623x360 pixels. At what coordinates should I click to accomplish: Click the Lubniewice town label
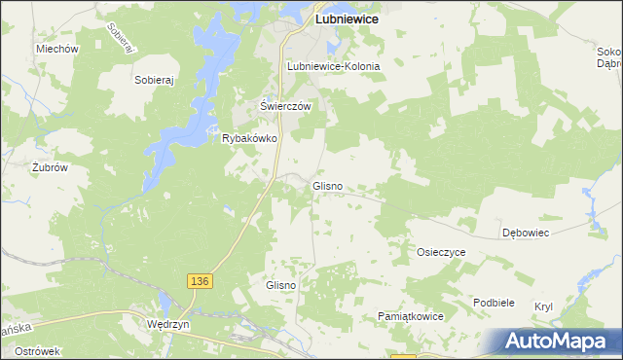(346, 18)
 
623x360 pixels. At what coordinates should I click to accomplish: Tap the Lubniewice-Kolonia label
(333, 66)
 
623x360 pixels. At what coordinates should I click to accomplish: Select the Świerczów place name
(284, 106)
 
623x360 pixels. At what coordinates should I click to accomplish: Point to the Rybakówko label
(251, 139)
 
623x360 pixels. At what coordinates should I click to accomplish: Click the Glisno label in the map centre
(326, 185)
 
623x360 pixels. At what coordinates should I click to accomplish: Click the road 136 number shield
(199, 280)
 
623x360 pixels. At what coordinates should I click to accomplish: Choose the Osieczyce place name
(442, 251)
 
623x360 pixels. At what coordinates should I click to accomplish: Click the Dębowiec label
(527, 234)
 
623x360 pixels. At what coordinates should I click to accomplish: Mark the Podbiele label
(494, 303)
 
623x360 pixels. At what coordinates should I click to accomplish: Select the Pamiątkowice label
(411, 317)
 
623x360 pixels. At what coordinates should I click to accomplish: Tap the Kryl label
(543, 306)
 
